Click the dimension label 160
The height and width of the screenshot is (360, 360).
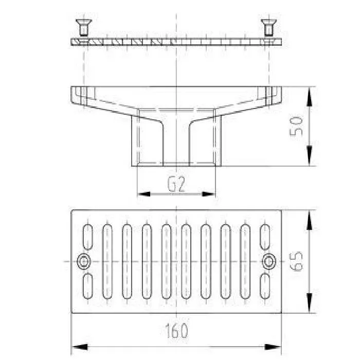pyautogui.click(x=176, y=331)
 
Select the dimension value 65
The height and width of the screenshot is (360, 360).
pyautogui.click(x=296, y=261)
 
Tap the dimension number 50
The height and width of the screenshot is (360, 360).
pyautogui.click(x=296, y=127)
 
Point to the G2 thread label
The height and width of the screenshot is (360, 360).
pyautogui.click(x=176, y=184)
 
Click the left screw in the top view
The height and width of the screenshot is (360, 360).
pyautogui.click(x=84, y=28)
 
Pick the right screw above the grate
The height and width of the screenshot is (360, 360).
pyautogui.click(x=268, y=28)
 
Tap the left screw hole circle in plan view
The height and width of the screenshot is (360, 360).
pyautogui.click(x=83, y=261)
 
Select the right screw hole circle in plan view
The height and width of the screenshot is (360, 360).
pyautogui.click(x=269, y=261)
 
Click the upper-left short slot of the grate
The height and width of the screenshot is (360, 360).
pyautogui.click(x=87, y=237)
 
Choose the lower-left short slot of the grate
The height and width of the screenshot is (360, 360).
pyautogui.click(x=87, y=286)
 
